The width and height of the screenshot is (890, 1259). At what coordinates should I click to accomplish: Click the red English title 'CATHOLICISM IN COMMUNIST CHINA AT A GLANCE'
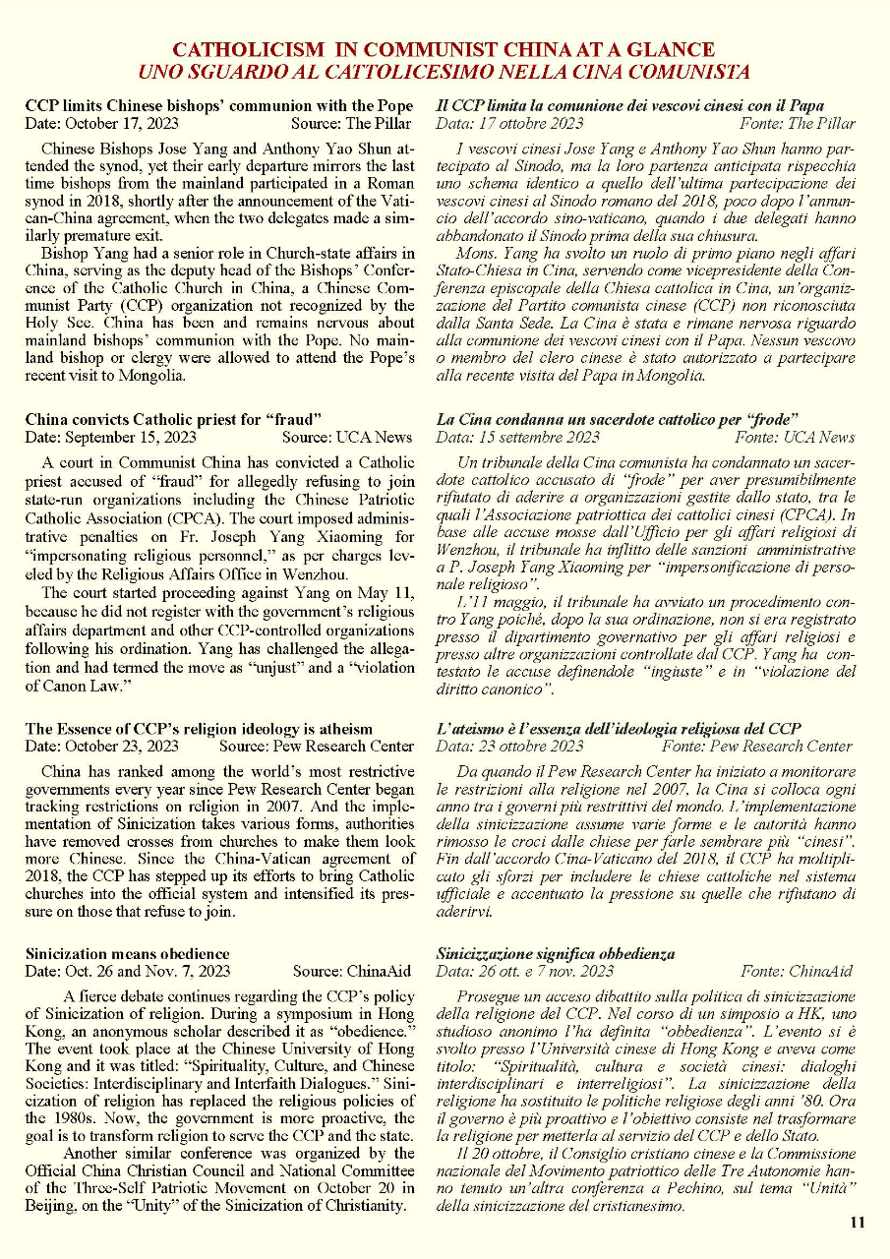(x=444, y=49)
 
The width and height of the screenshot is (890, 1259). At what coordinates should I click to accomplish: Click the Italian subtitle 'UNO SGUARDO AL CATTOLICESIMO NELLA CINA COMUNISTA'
(x=444, y=71)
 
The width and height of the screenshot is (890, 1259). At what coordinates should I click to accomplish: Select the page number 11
(x=857, y=1223)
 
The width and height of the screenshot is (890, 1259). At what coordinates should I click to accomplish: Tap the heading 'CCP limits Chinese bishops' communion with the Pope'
(x=218, y=105)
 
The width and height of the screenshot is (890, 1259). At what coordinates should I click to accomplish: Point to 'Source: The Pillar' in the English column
(x=351, y=124)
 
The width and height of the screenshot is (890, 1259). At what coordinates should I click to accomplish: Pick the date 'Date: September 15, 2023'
(x=110, y=438)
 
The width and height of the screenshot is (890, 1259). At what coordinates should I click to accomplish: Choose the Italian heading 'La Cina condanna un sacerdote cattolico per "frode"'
(x=617, y=419)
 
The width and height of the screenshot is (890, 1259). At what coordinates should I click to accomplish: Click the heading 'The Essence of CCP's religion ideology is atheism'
(x=199, y=729)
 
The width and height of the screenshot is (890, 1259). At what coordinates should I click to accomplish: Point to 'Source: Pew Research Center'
(x=317, y=747)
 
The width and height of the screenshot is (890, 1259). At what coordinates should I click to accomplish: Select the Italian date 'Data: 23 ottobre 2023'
(x=509, y=747)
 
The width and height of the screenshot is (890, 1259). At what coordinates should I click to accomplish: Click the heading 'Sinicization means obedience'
(x=128, y=953)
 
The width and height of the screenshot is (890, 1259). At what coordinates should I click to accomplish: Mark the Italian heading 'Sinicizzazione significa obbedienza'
(x=556, y=953)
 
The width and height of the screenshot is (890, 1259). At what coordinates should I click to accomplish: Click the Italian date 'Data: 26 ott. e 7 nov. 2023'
(x=525, y=972)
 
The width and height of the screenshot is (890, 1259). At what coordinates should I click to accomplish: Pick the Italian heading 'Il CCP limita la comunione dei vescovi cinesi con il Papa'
(x=630, y=105)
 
